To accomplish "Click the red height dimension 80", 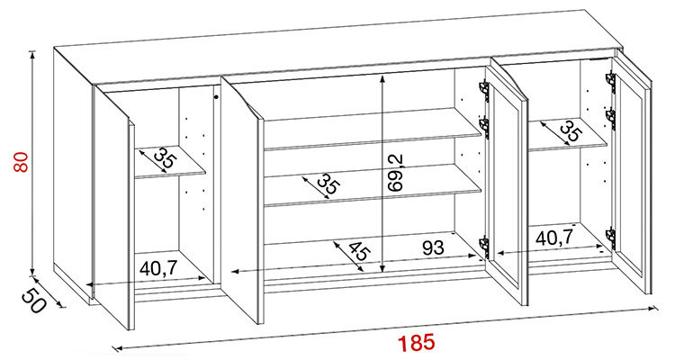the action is tap(20, 162).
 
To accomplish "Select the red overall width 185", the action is tap(416, 343).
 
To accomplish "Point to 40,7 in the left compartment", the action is tap(158, 269).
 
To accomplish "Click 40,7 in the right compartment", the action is tap(554, 237).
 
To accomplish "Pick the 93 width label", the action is tap(433, 248).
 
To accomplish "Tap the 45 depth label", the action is tap(358, 251).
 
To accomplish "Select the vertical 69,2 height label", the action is tap(395, 172).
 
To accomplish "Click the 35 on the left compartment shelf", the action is tap(165, 158).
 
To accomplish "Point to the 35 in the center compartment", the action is tap(328, 184).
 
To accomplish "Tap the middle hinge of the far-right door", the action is tap(611, 118).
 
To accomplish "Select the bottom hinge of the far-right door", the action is tap(610, 237).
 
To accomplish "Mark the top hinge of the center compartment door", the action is tap(484, 90).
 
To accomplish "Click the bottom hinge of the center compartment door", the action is tap(484, 247).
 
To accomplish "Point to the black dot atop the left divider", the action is tap(216, 97).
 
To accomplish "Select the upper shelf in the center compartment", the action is tap(373, 130).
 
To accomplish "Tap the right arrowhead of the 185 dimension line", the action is tap(657, 308).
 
